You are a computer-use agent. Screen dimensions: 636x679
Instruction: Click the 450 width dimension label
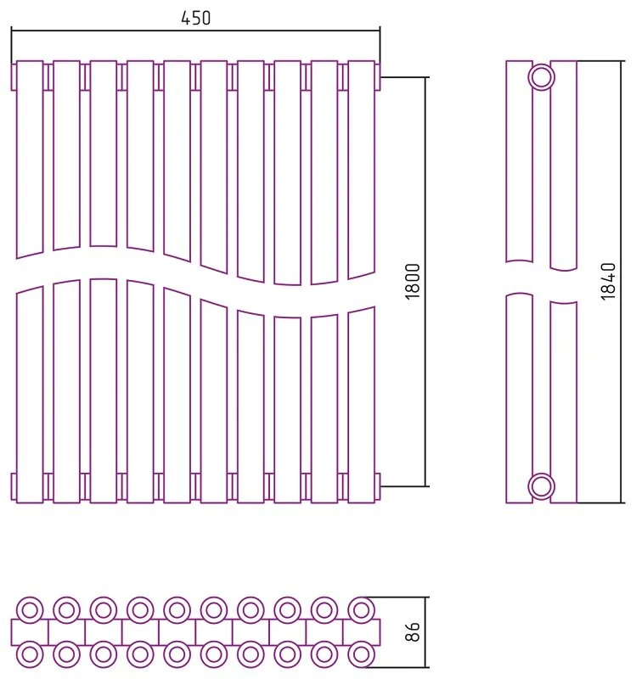pyautogui.click(x=195, y=18)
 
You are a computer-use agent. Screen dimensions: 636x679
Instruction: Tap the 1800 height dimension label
pyautogui.click(x=413, y=281)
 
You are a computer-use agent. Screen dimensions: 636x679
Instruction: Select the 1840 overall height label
pyautogui.click(x=608, y=281)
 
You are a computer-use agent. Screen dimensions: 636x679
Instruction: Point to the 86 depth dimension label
pyautogui.click(x=414, y=631)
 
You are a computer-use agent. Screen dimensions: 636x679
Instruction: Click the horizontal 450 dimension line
pyautogui.click(x=195, y=31)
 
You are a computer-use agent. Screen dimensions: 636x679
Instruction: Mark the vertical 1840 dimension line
pyautogui.click(x=622, y=282)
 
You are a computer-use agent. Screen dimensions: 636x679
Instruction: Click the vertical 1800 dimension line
pyautogui.click(x=426, y=282)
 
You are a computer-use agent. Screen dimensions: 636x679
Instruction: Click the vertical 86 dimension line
pyautogui.click(x=426, y=632)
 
